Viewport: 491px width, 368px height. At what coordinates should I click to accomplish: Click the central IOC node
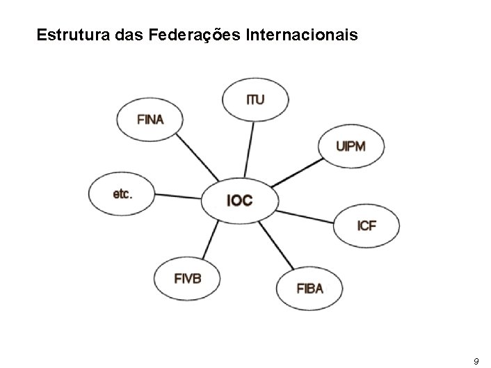coord(239,202)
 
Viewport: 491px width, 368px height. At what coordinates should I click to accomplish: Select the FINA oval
coord(150,119)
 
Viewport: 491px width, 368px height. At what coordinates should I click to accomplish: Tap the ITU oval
coord(255,99)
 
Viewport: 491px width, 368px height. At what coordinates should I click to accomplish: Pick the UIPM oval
coord(351,147)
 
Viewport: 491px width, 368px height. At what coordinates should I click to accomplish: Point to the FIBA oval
coord(309,288)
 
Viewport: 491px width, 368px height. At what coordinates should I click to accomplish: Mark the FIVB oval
coord(187,279)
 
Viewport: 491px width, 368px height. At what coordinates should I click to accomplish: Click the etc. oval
coord(122,194)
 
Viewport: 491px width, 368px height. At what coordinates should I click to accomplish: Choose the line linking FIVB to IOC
coord(208,239)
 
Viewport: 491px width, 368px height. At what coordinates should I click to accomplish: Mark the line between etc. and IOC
coord(177,198)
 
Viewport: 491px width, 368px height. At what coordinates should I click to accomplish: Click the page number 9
coord(475,360)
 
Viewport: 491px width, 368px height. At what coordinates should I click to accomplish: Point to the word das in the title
coord(124,34)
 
